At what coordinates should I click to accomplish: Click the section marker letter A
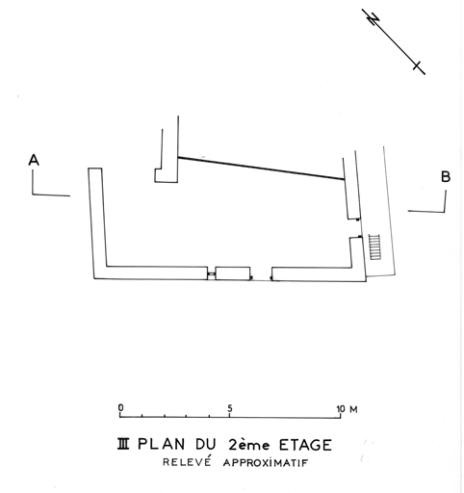(x=34, y=160)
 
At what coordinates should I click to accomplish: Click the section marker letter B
(x=446, y=177)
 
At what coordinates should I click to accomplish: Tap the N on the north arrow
(x=374, y=19)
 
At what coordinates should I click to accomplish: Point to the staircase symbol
(x=374, y=246)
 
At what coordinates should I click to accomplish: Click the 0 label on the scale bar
(x=120, y=408)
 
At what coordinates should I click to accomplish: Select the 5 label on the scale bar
(x=229, y=408)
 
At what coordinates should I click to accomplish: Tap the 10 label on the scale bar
(x=341, y=409)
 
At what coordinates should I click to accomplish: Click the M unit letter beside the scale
(x=353, y=409)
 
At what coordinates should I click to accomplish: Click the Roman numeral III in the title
(x=123, y=445)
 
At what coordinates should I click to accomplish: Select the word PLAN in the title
(x=162, y=445)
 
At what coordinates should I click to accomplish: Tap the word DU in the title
(x=206, y=445)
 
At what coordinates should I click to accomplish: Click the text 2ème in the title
(x=249, y=445)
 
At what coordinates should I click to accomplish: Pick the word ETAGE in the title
(x=305, y=445)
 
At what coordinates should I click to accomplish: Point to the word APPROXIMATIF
(x=266, y=463)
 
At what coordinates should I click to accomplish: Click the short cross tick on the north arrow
(x=417, y=65)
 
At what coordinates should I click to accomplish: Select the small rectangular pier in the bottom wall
(x=233, y=273)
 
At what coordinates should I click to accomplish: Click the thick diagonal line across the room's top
(x=261, y=169)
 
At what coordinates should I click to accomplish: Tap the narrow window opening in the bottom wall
(x=211, y=273)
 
